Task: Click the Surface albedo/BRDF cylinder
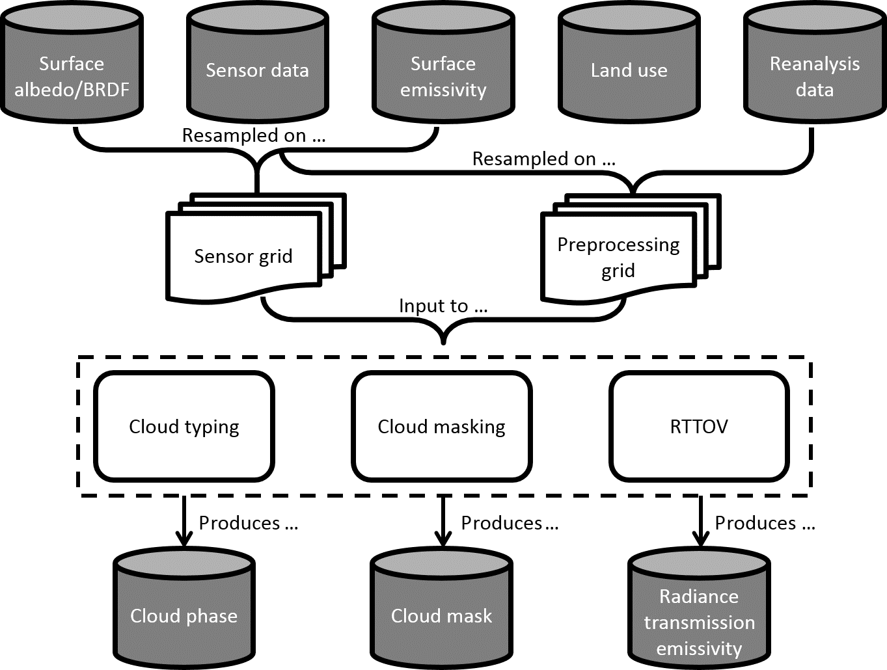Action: point(72,65)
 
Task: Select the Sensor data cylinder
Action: point(257,65)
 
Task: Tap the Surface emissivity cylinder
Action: point(443,65)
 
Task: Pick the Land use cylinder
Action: point(629,65)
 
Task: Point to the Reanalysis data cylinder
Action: point(814,65)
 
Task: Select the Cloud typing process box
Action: point(184,426)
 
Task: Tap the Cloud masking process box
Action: point(441,426)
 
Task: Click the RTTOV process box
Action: point(699,426)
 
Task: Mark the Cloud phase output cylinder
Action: point(184,608)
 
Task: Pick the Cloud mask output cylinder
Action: point(441,608)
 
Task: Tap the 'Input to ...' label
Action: point(443,306)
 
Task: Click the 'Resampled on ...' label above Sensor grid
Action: point(254,135)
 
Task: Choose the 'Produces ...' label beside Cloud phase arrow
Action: point(248,523)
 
